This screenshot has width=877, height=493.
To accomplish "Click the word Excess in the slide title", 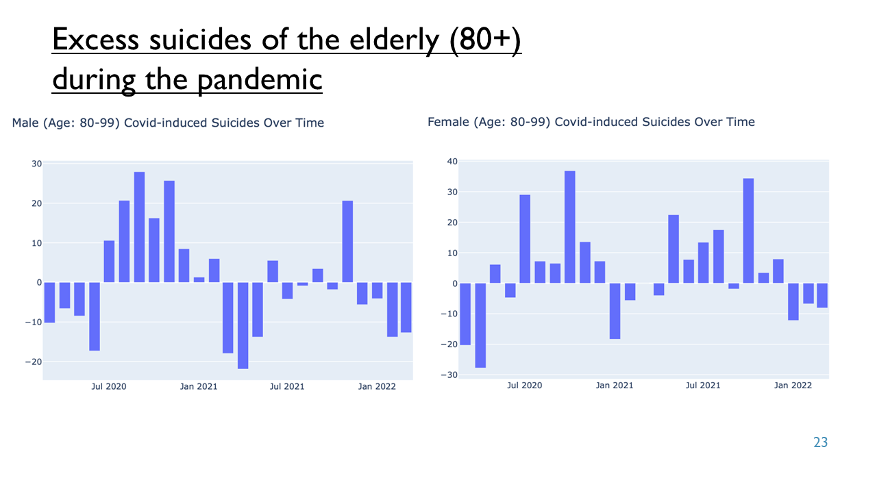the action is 95,40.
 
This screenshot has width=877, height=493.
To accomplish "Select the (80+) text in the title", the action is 485,40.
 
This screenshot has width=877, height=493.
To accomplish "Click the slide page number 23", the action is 820,442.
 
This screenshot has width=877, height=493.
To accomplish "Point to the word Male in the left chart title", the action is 25,123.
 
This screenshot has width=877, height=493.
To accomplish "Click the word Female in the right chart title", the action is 448,122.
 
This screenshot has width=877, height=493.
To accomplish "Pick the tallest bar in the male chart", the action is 139,227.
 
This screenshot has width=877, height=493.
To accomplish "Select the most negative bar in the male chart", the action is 243,325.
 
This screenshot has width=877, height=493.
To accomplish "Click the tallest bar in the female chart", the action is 569,227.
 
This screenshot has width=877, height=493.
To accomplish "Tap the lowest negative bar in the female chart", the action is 480,325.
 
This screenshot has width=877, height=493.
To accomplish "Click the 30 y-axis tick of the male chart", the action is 37,164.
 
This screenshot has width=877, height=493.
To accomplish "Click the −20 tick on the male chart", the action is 34,362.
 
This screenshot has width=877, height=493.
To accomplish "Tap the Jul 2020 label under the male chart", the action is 109,387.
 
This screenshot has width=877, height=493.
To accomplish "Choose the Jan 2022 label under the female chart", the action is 793,385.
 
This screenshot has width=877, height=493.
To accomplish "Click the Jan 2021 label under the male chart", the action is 199,387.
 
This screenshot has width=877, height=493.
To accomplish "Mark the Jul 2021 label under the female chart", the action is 703,385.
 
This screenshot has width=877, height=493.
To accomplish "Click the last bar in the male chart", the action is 406,307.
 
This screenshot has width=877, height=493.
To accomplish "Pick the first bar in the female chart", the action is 465,314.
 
